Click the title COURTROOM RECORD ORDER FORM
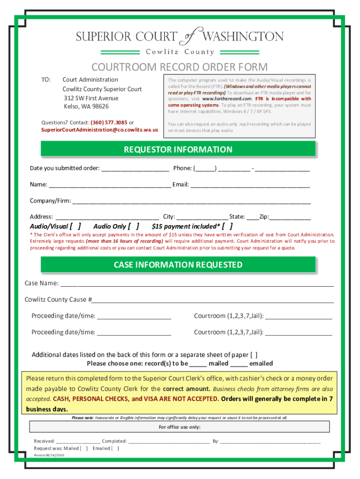pos(180,67)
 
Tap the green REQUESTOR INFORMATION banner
pos(178,150)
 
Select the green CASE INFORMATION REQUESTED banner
pos(178,265)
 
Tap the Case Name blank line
pos(197,284)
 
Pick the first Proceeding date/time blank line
pos(134,317)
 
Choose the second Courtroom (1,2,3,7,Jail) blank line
pos(298,333)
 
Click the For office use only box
pos(180,427)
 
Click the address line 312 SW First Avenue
pos(91,98)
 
